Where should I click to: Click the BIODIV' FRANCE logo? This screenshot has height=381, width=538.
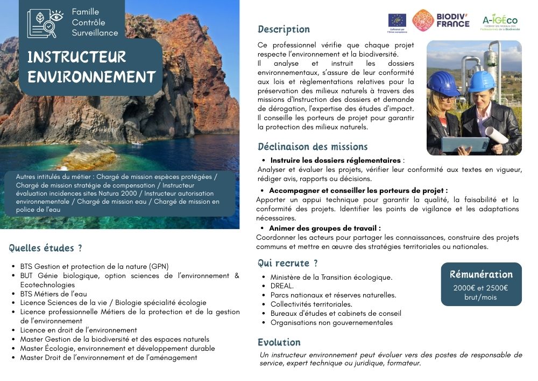coord(441,20)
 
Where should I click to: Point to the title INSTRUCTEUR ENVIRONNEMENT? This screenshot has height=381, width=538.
coord(91,67)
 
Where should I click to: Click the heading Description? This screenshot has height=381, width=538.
coord(284,29)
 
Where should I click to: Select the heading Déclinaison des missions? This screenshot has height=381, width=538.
coord(313,147)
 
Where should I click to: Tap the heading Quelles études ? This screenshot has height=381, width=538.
coord(45,248)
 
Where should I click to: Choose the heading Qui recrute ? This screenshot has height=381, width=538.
coord(287,263)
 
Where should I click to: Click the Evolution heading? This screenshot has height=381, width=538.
coord(279,342)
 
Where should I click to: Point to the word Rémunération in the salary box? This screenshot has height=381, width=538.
coord(481,274)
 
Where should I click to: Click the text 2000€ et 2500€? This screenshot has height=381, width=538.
coord(480,288)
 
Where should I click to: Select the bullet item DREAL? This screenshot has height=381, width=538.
coord(282,286)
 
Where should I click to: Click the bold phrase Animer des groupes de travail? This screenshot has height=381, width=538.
coord(325,228)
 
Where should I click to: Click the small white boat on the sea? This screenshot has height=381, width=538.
coord(138,143)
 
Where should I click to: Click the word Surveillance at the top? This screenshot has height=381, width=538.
coord(95,32)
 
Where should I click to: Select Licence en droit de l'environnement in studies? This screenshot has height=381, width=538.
coord(79,330)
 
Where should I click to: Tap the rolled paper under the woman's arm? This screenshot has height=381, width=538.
coord(497,134)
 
